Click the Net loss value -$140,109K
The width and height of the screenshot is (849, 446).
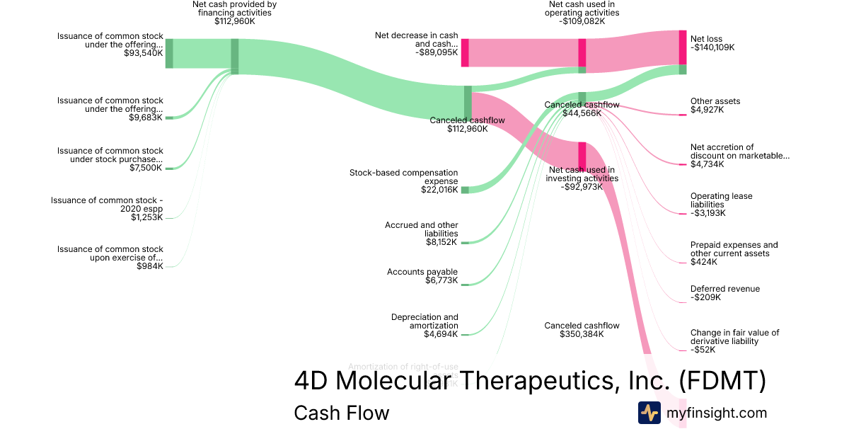712,48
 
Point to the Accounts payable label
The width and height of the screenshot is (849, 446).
422,272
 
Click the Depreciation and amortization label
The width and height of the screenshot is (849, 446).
424,321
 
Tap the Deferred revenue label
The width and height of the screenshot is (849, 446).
724,289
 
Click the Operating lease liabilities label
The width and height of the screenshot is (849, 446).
721,200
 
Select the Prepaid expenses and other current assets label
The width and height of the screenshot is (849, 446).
733,249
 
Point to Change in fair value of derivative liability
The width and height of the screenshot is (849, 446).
734,336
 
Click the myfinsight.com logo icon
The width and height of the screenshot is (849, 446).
649,413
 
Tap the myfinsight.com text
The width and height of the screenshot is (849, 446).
717,413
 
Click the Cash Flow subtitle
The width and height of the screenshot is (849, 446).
341,413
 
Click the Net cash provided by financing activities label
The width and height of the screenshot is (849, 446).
234,8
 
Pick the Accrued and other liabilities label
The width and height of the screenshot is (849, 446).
422,229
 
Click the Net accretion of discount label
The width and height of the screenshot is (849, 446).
739,151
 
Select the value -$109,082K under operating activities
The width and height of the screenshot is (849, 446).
582,21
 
